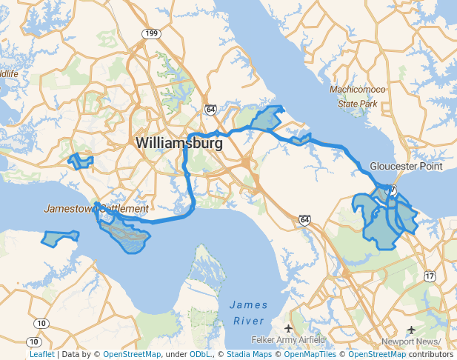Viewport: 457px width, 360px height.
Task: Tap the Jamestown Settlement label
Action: (96, 209)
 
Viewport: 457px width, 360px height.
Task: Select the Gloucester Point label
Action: (406, 166)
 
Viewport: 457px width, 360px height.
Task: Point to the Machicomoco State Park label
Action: (358, 97)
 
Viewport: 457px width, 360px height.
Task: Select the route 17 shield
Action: (430, 276)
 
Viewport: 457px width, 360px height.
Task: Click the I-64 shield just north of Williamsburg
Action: (211, 109)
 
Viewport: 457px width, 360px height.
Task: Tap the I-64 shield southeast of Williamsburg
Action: (304, 220)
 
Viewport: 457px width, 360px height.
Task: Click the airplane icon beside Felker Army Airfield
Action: (288, 327)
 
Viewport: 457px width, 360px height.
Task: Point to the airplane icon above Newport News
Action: (412, 329)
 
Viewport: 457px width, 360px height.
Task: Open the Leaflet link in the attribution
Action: (41, 355)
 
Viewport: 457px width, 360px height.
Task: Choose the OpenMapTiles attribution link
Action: (311, 355)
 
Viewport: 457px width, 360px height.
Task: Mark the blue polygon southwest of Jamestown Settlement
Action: (59, 239)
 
